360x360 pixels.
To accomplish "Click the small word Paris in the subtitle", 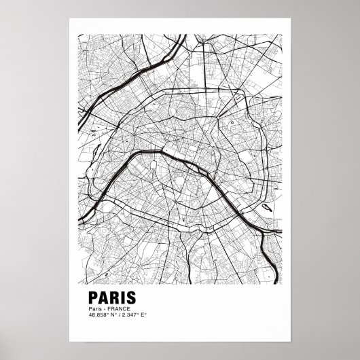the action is coord(94,308).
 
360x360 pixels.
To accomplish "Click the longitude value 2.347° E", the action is coord(134,315).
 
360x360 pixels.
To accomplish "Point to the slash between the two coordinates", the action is coord(118,315).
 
